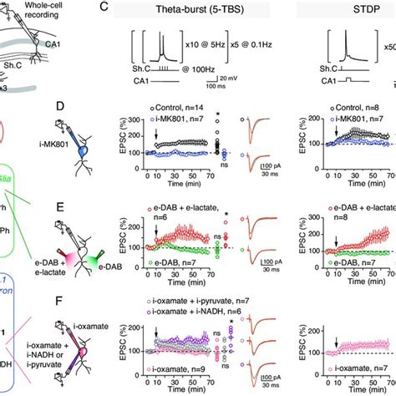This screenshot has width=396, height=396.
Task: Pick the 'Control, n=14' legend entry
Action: [x=181, y=108]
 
